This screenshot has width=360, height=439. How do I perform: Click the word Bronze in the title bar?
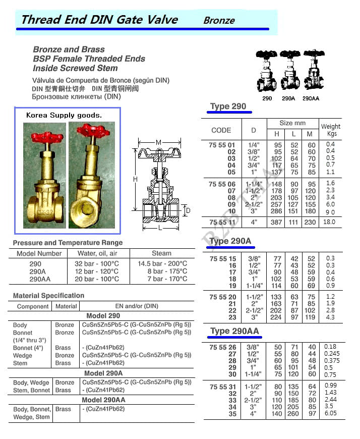click(x=219, y=21)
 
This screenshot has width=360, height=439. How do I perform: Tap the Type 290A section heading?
click(x=230, y=241)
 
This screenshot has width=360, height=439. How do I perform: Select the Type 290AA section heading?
click(x=234, y=331)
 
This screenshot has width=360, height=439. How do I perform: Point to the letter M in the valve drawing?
click(x=159, y=143)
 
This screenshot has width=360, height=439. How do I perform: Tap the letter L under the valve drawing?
click(x=158, y=229)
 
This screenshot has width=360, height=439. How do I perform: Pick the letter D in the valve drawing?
click(x=188, y=210)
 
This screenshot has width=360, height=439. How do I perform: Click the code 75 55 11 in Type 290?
click(x=222, y=222)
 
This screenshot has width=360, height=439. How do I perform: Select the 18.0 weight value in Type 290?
click(x=329, y=222)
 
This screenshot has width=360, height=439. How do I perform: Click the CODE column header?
click(x=221, y=130)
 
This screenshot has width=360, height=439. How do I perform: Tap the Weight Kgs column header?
click(x=331, y=130)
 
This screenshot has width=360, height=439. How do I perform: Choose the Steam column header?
click(x=161, y=253)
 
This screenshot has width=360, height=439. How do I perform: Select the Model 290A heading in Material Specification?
click(x=103, y=373)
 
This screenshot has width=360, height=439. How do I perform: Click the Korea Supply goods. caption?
click(x=64, y=115)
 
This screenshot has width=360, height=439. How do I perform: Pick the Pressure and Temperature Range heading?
click(x=68, y=243)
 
